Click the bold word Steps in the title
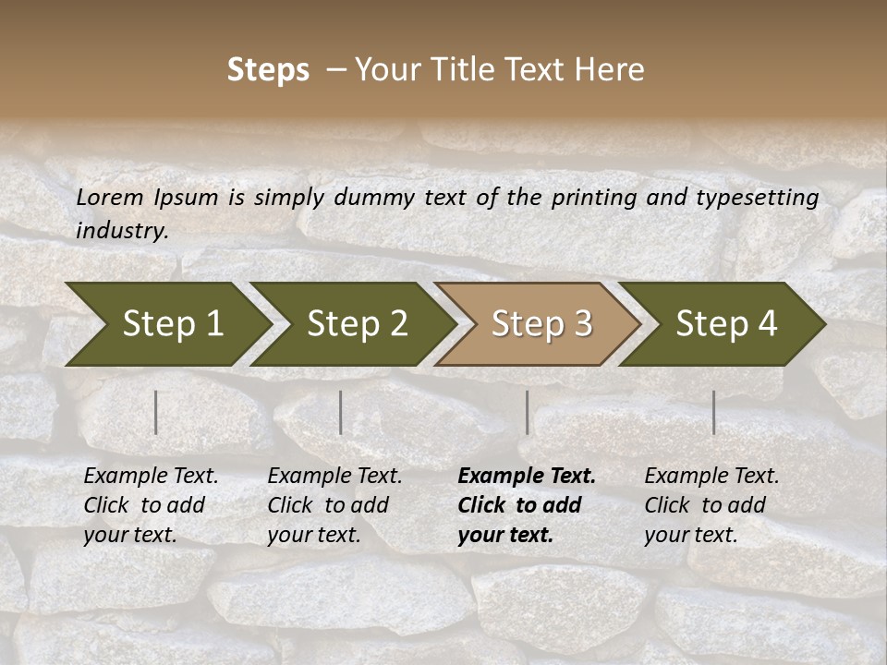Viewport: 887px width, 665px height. [x=268, y=70]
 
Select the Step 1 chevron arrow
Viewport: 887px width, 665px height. [x=166, y=324]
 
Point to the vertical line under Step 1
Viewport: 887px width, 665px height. [x=156, y=412]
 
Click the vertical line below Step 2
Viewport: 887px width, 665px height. [x=341, y=412]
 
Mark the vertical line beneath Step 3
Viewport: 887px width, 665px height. [x=528, y=412]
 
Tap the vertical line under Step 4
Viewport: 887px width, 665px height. [x=714, y=412]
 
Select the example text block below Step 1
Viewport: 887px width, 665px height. [x=151, y=505]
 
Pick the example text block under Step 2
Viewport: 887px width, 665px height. [x=334, y=505]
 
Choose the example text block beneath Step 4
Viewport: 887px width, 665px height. [x=711, y=505]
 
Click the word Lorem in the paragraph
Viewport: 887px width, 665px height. [x=109, y=198]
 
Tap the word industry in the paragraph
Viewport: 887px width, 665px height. [x=121, y=231]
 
